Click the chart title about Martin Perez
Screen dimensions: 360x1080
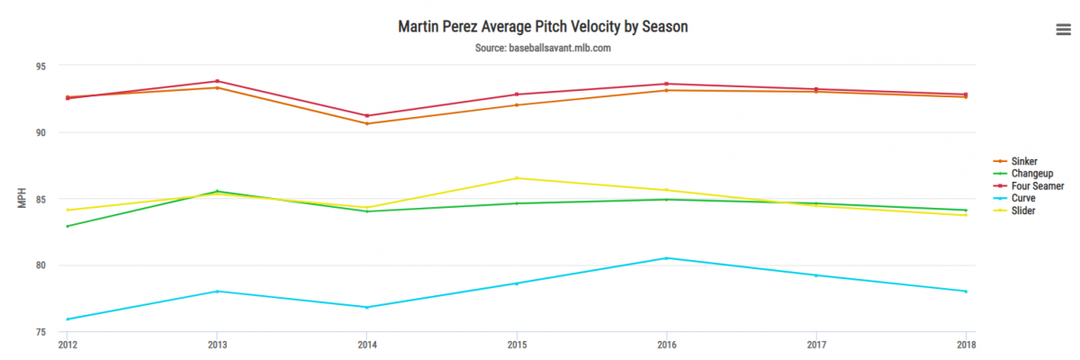click(x=543, y=26)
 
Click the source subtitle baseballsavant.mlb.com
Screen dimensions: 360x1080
click(x=543, y=48)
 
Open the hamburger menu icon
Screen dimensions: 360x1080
click(x=1063, y=30)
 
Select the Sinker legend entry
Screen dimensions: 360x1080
click(x=1023, y=161)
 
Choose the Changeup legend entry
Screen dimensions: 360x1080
click(x=1031, y=174)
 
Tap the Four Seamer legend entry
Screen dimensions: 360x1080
click(x=1035, y=185)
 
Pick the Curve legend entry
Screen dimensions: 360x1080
click(x=1022, y=198)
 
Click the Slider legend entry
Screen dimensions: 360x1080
click(x=1022, y=211)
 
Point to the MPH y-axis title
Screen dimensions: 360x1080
click(x=22, y=199)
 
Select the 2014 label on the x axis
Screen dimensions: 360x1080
click(x=367, y=345)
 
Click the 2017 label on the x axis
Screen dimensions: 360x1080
click(x=816, y=345)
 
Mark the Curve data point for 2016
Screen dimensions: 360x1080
click(x=666, y=258)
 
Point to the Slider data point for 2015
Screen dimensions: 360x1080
click(x=517, y=178)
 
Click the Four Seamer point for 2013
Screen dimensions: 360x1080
click(x=217, y=81)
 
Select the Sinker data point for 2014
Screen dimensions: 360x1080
click(x=367, y=123)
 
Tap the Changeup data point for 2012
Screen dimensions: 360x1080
click(x=67, y=226)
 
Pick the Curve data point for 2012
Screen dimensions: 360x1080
click(x=67, y=319)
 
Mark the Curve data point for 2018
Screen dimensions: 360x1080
click(x=966, y=292)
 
